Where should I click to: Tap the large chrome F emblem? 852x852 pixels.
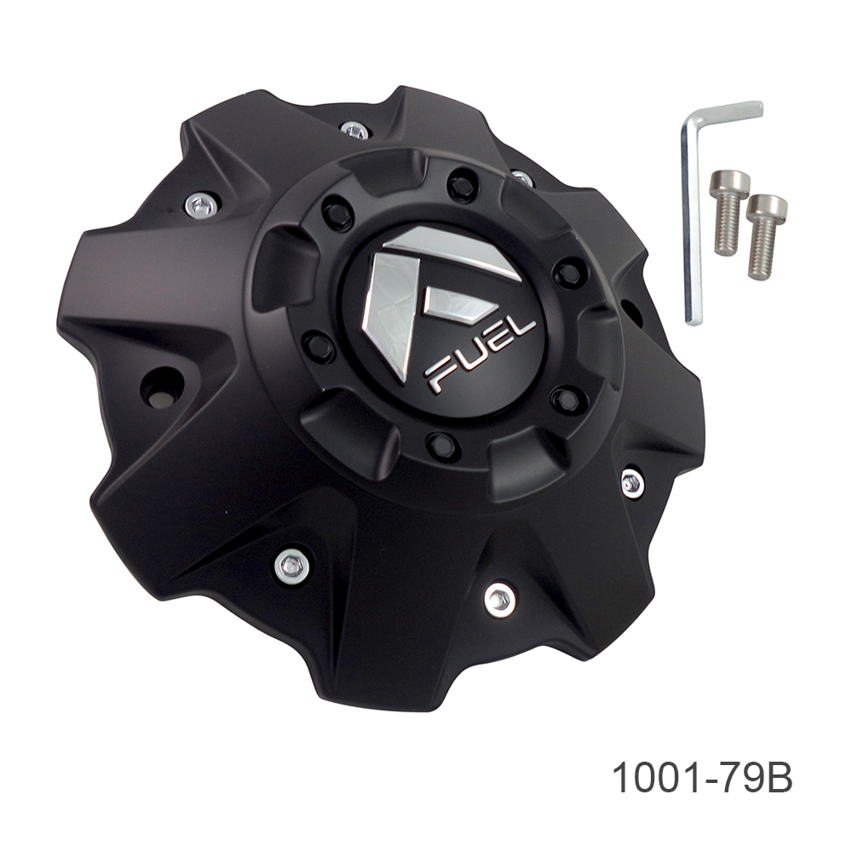click(x=429, y=302)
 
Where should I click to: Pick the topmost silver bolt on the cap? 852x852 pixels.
click(x=354, y=130)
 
